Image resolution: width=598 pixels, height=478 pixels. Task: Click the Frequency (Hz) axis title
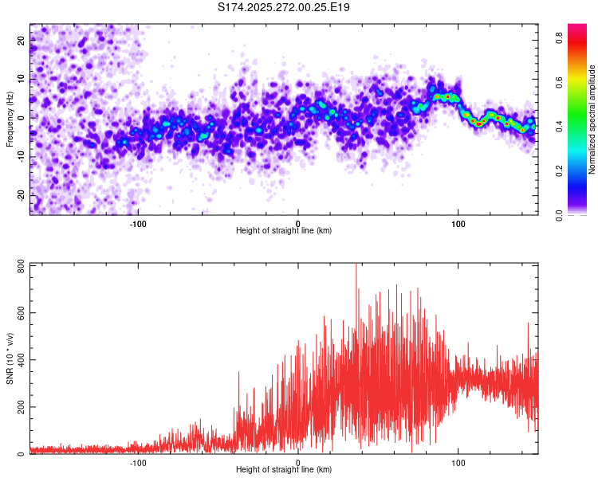(10, 119)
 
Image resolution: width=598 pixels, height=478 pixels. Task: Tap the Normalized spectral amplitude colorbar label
(592, 119)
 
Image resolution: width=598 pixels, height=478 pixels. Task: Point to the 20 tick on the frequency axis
(22, 41)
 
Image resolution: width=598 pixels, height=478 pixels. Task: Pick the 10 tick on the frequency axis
(22, 79)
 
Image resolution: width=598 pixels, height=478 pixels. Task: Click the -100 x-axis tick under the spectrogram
(137, 224)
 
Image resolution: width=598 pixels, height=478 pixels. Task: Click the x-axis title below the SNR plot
(284, 470)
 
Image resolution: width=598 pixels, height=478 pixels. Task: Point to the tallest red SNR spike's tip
(356, 264)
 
